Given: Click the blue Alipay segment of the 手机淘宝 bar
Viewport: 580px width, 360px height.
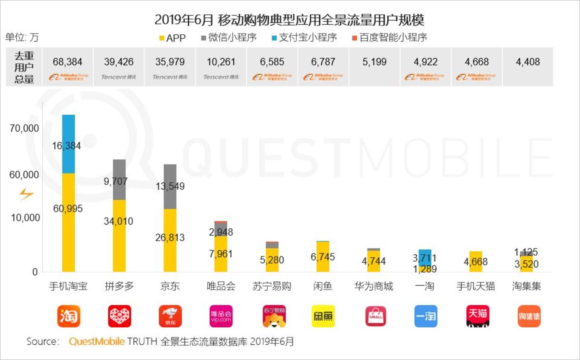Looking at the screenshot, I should (68, 133).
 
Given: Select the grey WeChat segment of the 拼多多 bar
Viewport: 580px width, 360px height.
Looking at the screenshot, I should (119, 170).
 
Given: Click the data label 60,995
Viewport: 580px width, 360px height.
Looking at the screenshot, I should (68, 209).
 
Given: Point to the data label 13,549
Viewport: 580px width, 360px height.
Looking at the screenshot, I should (170, 186).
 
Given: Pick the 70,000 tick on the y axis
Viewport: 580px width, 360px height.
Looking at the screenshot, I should (24, 128).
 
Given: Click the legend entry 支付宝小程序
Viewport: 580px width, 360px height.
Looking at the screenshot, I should (304, 38).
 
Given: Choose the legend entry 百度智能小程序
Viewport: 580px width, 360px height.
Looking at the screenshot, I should (389, 38).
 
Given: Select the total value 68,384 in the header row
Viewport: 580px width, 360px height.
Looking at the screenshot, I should (68, 62).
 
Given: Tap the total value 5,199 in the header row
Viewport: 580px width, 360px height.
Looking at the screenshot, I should (375, 62).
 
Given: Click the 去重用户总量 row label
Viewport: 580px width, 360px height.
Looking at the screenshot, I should (24, 67).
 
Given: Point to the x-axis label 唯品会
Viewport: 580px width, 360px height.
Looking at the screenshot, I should (221, 286).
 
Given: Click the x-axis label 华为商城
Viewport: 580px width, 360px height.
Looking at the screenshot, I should (374, 286).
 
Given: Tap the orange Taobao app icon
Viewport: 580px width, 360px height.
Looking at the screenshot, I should (68, 317).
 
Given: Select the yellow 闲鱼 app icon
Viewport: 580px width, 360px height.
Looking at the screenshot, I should (323, 317).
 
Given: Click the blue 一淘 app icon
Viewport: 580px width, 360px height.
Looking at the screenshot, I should (425, 317).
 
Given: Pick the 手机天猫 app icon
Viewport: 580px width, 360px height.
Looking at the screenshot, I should (477, 317).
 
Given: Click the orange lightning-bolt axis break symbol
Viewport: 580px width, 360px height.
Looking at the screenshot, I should (26, 194).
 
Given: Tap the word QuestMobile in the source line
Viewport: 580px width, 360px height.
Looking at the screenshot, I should (97, 341).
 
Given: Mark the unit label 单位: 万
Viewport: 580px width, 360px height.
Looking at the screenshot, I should (22, 38).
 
